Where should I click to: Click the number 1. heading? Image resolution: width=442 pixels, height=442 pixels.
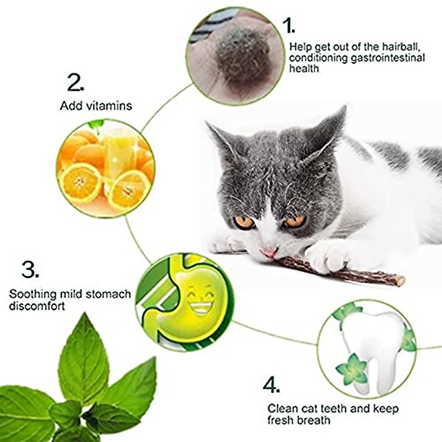click(x=288, y=25)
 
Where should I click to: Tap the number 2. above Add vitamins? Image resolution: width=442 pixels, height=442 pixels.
click(x=76, y=83)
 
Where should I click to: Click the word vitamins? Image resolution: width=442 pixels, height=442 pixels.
click(x=109, y=106)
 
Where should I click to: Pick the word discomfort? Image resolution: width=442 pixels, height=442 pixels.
click(x=37, y=306)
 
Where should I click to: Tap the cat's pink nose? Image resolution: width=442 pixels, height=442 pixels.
click(x=269, y=252)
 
